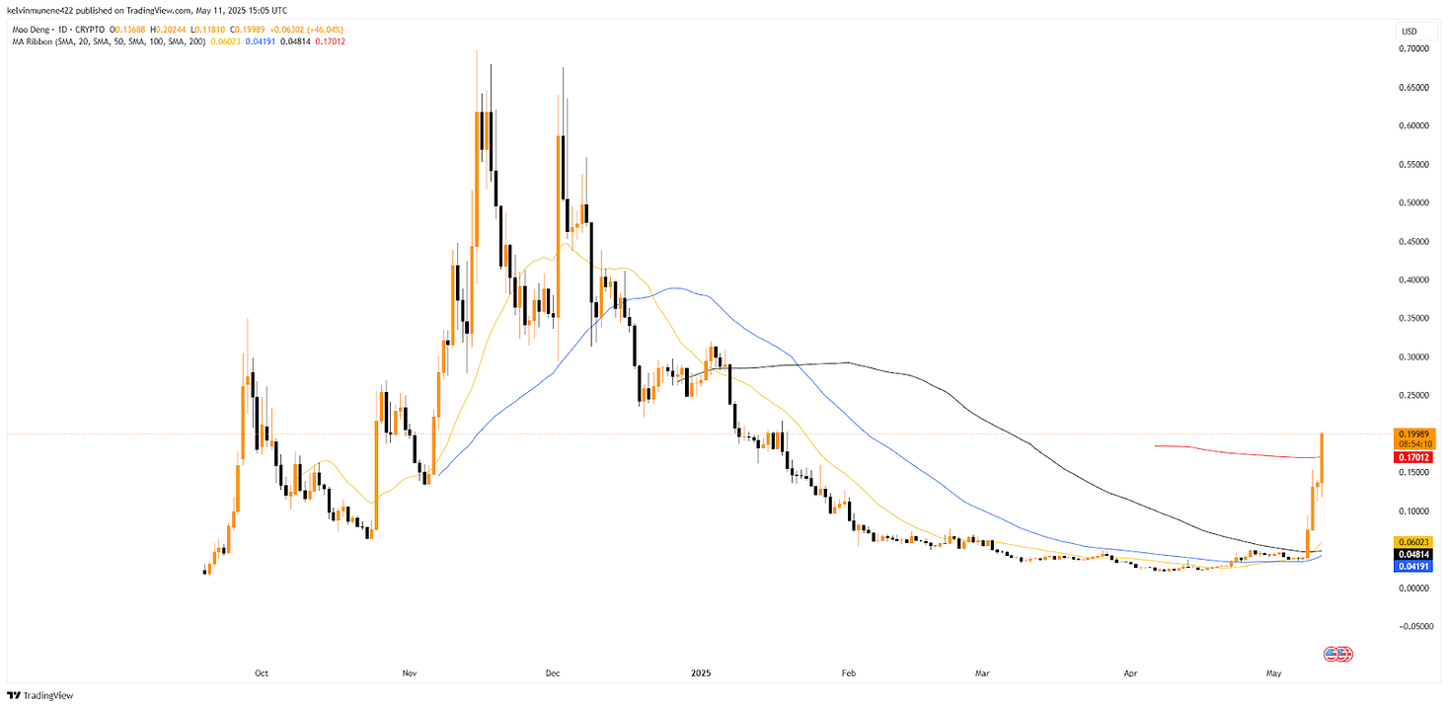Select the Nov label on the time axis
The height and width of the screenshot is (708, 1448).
click(x=410, y=673)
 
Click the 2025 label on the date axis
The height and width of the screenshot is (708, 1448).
click(x=700, y=673)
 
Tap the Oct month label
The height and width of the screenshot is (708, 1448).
click(x=262, y=673)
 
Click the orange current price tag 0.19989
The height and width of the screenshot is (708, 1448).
click(x=1414, y=433)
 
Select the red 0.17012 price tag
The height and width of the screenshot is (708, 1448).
click(x=1414, y=457)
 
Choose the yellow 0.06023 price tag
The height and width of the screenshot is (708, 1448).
click(x=1414, y=541)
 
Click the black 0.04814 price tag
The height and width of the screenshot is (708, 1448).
click(x=1414, y=554)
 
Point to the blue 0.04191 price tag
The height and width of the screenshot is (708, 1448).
click(x=1414, y=566)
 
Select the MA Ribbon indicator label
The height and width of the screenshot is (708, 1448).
click(x=30, y=40)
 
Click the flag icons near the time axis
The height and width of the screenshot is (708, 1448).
click(x=1337, y=654)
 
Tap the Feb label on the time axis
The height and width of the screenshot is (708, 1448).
click(x=848, y=673)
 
